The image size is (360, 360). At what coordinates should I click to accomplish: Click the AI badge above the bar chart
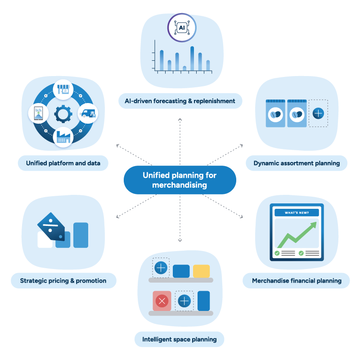click(x=182, y=27)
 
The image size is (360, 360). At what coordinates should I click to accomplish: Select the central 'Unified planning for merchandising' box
click(x=180, y=180)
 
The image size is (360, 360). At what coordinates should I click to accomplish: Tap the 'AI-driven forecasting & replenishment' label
click(x=180, y=101)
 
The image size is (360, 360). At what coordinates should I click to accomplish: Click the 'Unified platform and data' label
click(x=63, y=163)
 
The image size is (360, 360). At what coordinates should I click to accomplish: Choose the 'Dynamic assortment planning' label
click(x=297, y=163)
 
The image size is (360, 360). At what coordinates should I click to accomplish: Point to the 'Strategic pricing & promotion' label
click(x=63, y=281)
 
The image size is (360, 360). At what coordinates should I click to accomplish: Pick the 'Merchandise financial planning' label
click(x=297, y=281)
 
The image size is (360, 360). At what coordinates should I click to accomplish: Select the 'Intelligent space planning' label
click(x=180, y=339)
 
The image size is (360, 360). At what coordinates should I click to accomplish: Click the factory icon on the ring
click(x=63, y=137)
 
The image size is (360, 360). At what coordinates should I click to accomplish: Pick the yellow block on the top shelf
click(x=201, y=271)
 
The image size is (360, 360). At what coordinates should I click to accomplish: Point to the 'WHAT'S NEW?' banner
click(x=297, y=212)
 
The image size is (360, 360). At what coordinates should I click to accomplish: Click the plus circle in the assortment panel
click(x=318, y=113)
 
